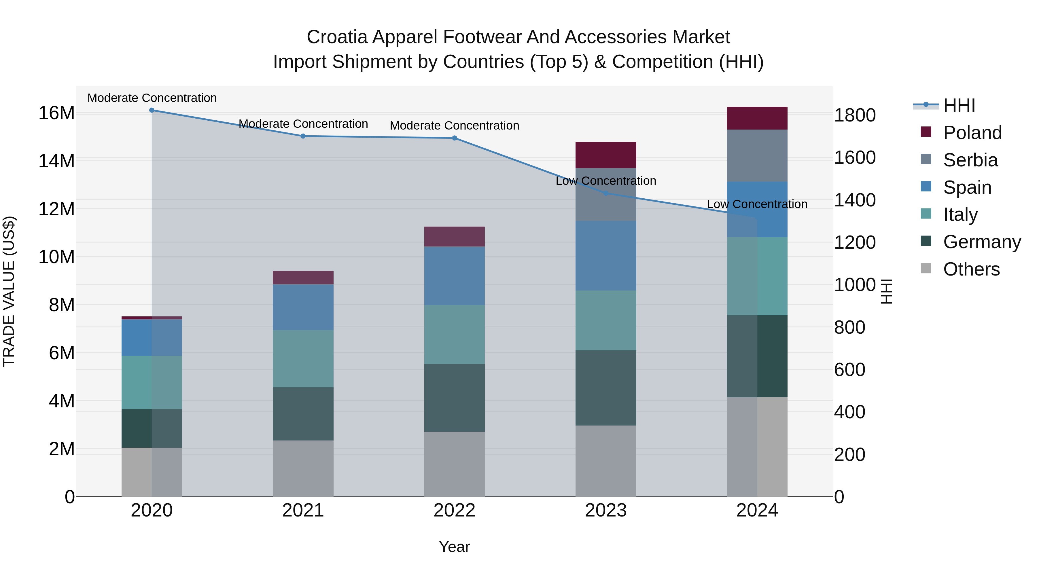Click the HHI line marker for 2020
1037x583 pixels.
tap(152, 110)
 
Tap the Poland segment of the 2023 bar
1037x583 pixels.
tap(605, 155)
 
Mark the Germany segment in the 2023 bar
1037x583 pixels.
tap(605, 388)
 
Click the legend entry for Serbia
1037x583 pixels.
tap(970, 160)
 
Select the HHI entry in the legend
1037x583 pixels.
tap(958, 105)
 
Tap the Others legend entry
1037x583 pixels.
tap(971, 269)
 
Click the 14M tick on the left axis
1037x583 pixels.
tap(56, 161)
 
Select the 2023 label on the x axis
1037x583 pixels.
tap(605, 510)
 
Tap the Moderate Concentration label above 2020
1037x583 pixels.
tap(152, 98)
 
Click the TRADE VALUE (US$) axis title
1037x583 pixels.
tap(9, 291)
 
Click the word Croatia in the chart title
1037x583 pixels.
tap(337, 37)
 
